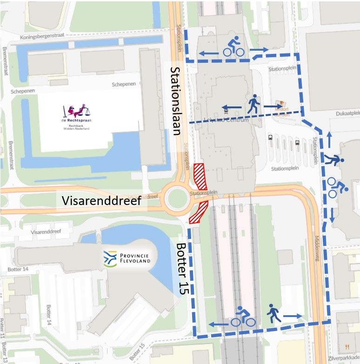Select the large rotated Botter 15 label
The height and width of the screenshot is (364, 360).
(182, 268)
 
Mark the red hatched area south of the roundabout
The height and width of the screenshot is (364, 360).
(199, 212)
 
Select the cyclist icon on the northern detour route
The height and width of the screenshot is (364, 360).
(234, 47)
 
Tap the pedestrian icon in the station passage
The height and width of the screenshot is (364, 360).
(253, 105)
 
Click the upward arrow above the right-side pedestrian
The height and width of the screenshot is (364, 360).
(329, 139)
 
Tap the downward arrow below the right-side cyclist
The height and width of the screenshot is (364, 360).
(332, 214)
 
